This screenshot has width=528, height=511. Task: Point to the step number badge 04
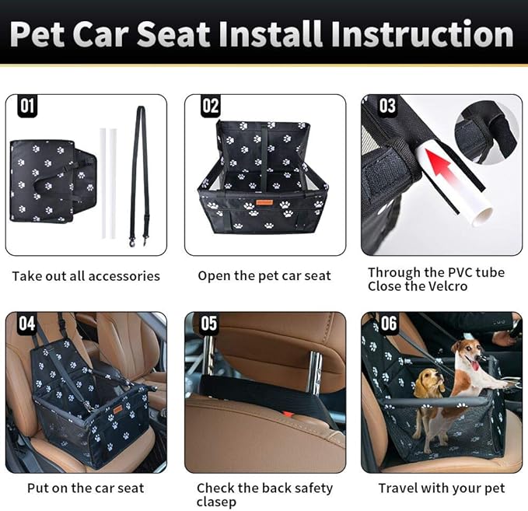27,324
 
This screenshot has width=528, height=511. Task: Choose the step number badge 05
208,324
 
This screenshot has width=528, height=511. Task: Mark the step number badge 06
387,324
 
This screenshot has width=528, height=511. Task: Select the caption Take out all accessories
86,276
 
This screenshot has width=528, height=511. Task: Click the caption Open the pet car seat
264,276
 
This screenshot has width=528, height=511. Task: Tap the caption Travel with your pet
441,488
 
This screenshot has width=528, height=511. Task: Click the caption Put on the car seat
86,488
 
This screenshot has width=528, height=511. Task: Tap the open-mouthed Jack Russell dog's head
470,354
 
